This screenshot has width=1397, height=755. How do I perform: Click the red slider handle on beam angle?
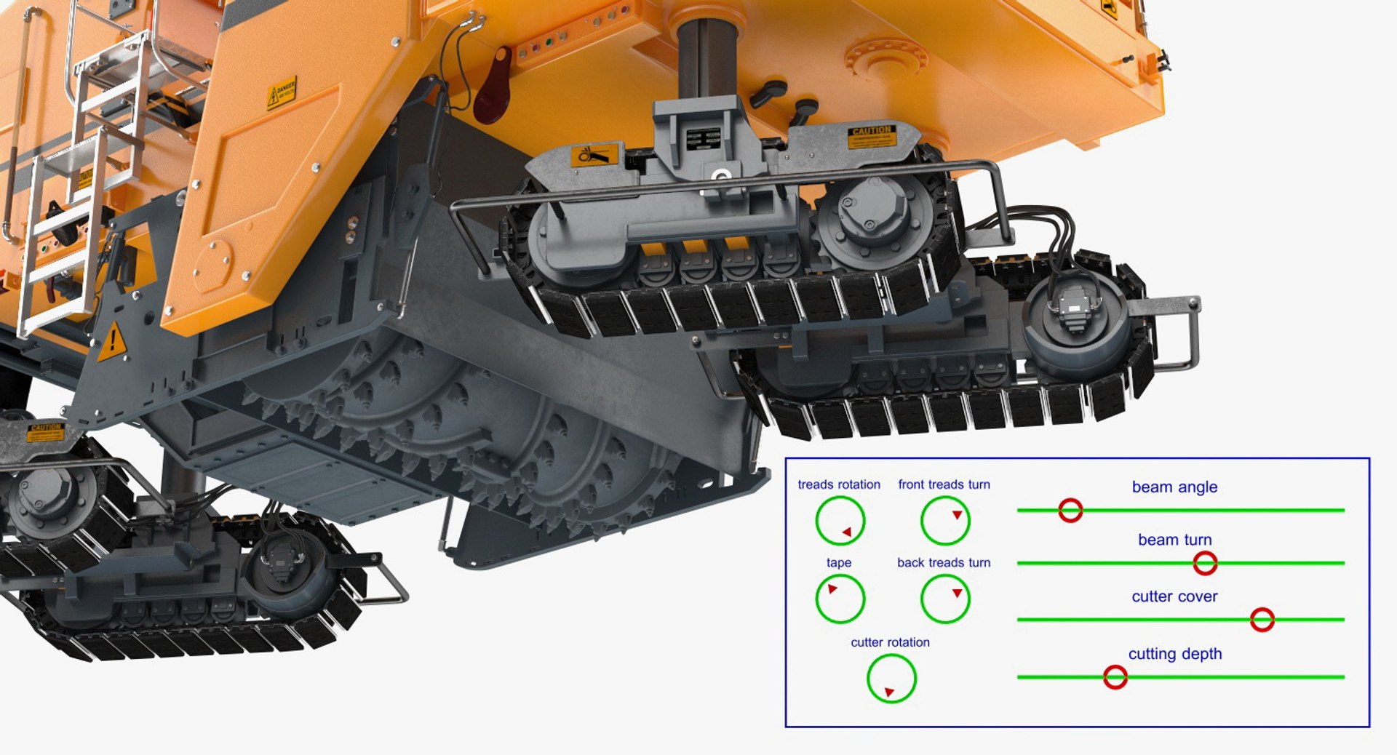pyautogui.click(x=1070, y=510)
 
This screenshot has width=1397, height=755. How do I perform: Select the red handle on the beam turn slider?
pyautogui.click(x=1205, y=562)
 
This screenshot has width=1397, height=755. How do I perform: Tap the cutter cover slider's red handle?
pyautogui.click(x=1262, y=620)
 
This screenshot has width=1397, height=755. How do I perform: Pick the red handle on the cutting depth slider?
pyautogui.click(x=1115, y=677)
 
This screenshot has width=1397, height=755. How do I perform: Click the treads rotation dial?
pyautogui.click(x=840, y=521)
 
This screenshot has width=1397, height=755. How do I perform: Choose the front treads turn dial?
pyautogui.click(x=945, y=521)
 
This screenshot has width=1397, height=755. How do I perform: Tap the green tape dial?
pyautogui.click(x=840, y=599)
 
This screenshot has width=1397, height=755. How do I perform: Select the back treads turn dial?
pyautogui.click(x=945, y=599)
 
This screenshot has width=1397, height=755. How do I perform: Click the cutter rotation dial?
pyautogui.click(x=891, y=678)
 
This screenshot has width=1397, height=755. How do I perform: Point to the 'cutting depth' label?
pyautogui.click(x=1174, y=654)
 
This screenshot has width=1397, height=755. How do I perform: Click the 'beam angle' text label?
pyautogui.click(x=1174, y=487)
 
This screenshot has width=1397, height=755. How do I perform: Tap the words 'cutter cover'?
pyautogui.click(x=1174, y=596)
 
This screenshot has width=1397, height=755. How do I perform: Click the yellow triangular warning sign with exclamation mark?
pyautogui.click(x=112, y=340)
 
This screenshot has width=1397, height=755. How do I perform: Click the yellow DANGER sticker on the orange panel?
pyautogui.click(x=281, y=92)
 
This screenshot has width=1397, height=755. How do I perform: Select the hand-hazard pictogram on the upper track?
pyautogui.click(x=593, y=155)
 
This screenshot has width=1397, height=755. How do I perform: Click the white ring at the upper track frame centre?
pyautogui.click(x=720, y=176)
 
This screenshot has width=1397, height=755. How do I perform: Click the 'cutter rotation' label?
pyautogui.click(x=890, y=642)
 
